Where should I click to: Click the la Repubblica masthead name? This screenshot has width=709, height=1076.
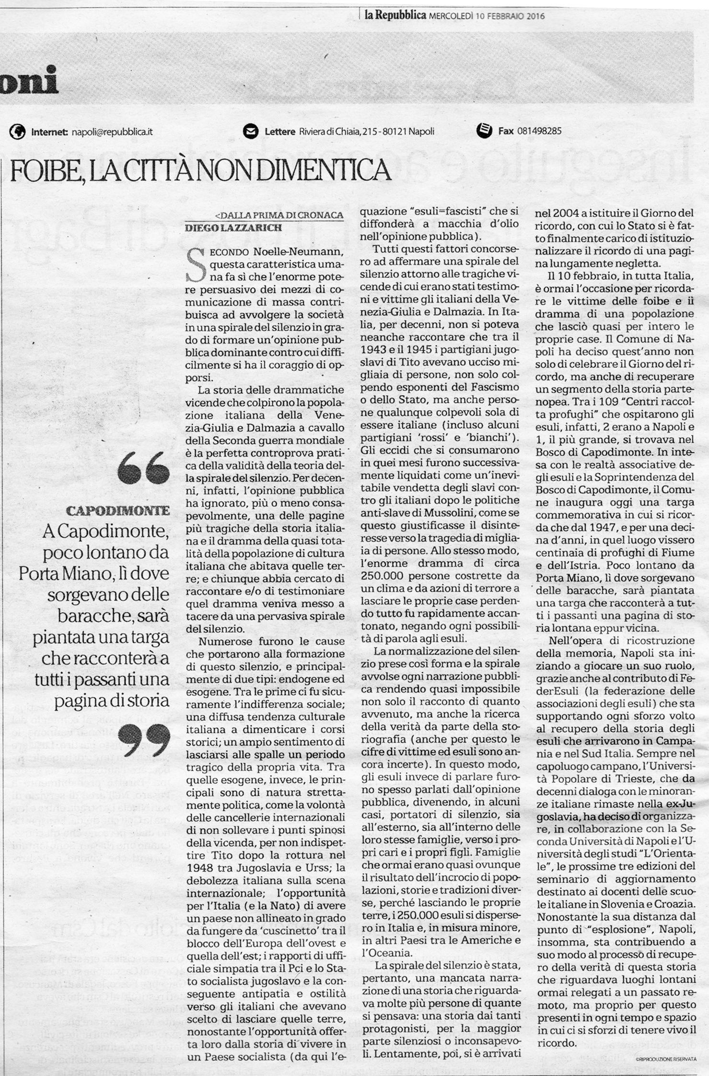pyautogui.click(x=395, y=15)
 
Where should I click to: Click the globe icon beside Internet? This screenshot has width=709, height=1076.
pyautogui.click(x=17, y=131)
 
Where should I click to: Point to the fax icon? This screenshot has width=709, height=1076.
pyautogui.click(x=484, y=130)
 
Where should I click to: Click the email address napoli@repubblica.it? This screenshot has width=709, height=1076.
pyautogui.click(x=112, y=131)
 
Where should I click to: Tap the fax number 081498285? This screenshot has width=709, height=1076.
pyautogui.click(x=539, y=131)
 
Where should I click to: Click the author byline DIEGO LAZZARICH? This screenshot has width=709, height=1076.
pyautogui.click(x=233, y=228)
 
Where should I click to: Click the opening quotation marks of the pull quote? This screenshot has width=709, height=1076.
pyautogui.click(x=143, y=469)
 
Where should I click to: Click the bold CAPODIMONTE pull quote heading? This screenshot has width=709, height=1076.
pyautogui.click(x=118, y=510)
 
